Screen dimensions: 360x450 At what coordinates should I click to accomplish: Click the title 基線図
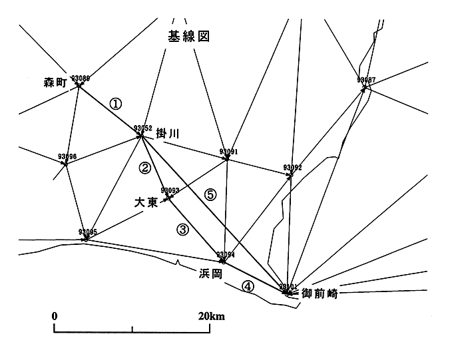pyautogui.click(x=188, y=37)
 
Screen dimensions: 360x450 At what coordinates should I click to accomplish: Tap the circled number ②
pyautogui.click(x=145, y=168)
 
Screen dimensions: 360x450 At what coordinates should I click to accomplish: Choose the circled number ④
pyautogui.click(x=247, y=286)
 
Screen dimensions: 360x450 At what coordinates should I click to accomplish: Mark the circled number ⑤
pyautogui.click(x=210, y=195)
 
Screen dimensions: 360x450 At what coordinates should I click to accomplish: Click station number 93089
pyautogui.click(x=80, y=78)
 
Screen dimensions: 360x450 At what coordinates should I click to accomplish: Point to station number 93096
pyautogui.click(x=68, y=157)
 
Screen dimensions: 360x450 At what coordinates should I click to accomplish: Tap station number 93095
pyautogui.click(x=88, y=232)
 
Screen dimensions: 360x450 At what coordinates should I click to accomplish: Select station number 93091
pyautogui.click(x=228, y=152)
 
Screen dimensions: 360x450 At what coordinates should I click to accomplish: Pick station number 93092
pyautogui.click(x=292, y=167)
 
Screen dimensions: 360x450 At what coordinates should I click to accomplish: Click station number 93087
pyautogui.click(x=366, y=80)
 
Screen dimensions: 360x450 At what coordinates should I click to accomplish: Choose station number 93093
pyautogui.click(x=170, y=190)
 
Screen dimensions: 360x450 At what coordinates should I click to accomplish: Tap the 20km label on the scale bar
pyautogui.click(x=212, y=315)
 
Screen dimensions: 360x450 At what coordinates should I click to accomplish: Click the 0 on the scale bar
pyautogui.click(x=55, y=315)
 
